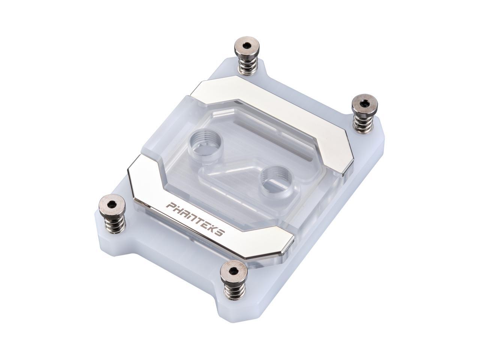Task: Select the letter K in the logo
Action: pos(213,228)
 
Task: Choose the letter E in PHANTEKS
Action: pos(206,224)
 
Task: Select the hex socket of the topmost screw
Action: pos(246,45)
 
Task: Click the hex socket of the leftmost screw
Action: pos(112,204)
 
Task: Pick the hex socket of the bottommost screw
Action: pos(233,271)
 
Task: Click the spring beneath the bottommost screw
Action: pos(234,290)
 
